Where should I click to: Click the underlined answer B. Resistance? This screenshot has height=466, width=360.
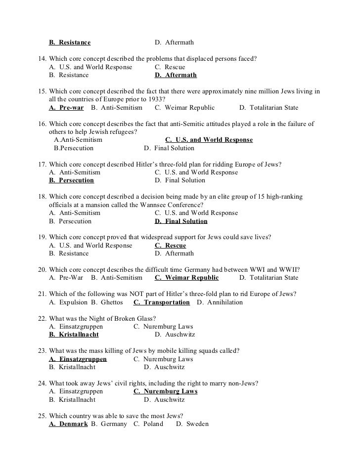(70, 42)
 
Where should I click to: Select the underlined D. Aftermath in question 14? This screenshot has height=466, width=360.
(176, 75)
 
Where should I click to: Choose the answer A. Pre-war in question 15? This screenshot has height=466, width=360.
(66, 107)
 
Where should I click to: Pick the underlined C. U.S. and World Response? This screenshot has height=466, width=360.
(209, 140)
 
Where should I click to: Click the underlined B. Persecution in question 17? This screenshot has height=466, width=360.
(71, 180)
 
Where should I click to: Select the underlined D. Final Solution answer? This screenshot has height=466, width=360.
(181, 221)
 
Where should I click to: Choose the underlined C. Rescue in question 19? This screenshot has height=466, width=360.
(170, 245)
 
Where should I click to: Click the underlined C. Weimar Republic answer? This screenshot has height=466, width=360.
(186, 277)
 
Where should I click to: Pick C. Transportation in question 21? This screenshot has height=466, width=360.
(161, 302)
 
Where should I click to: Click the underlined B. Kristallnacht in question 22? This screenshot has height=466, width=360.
(74, 335)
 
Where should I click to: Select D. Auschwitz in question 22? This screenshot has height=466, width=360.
(175, 335)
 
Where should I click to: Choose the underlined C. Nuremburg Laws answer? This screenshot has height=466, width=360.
(165, 391)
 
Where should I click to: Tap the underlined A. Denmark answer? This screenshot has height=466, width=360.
(68, 424)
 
